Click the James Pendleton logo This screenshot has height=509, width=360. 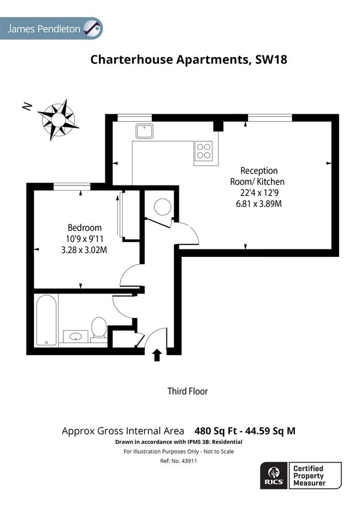52,29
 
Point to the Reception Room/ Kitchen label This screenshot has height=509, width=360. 259,176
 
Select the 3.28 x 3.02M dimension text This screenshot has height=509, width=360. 84,249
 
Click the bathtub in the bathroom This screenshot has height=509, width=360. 46,322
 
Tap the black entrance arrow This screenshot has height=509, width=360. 157,355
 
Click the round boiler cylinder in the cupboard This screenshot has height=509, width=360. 162,206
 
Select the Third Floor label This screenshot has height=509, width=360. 187,391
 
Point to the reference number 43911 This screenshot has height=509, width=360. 179,461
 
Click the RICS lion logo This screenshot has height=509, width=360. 274,475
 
